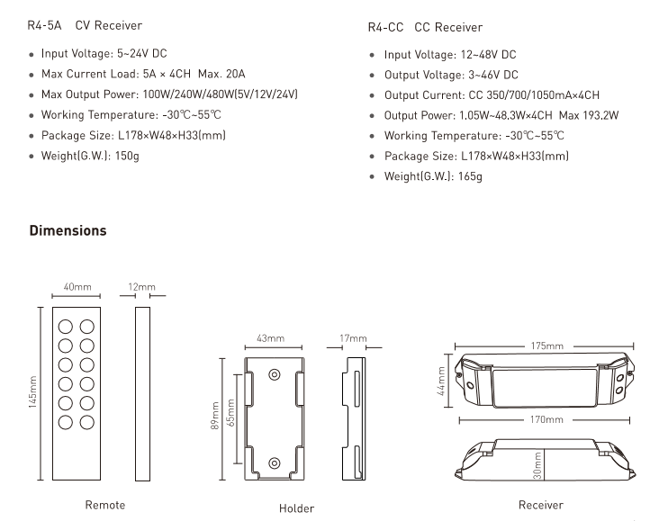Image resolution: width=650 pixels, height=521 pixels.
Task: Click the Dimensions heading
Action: pyautogui.click(x=68, y=231)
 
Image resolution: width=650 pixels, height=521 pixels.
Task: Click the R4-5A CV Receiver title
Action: pyautogui.click(x=85, y=26)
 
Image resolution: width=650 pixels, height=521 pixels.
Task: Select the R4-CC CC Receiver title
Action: pyautogui.click(x=425, y=28)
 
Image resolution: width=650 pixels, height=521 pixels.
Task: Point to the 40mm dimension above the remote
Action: pyautogui.click(x=77, y=288)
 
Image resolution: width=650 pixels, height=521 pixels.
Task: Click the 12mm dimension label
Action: pyautogui.click(x=140, y=288)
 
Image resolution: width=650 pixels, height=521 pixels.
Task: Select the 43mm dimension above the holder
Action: pyautogui.click(x=271, y=339)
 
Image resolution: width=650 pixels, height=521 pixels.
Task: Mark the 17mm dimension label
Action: pyautogui.click(x=353, y=338)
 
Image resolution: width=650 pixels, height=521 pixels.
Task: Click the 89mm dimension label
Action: pyautogui.click(x=216, y=414)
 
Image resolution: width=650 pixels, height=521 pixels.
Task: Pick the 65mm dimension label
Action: pyautogui.click(x=231, y=414)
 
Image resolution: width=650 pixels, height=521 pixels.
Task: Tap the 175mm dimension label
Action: pyautogui.click(x=546, y=346)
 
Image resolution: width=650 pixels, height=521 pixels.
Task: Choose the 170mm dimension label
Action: pyautogui.click(x=546, y=419)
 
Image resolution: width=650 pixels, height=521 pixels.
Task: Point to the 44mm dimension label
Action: pyautogui.click(x=442, y=379)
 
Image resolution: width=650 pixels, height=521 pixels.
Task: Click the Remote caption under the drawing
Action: pyautogui.click(x=105, y=505)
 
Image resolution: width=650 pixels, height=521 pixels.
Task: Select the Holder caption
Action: pyautogui.click(x=296, y=508)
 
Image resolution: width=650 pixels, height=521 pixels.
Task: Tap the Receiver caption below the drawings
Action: pyautogui.click(x=541, y=505)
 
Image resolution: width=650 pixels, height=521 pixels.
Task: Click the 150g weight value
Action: pyautogui.click(x=128, y=155)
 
